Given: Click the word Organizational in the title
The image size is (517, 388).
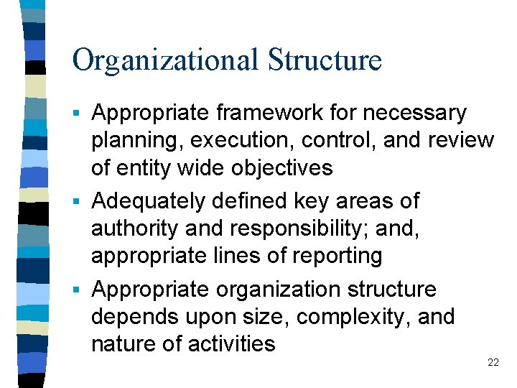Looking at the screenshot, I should tap(165, 60).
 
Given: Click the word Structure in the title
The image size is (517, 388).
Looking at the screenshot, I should tap(325, 60).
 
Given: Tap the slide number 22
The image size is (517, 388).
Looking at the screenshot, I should tap(493, 363).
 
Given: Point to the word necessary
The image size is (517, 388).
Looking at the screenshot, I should tap(414, 114).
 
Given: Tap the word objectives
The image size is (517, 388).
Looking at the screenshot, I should tap(281, 168).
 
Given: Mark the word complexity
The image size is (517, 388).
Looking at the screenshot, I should tap(335, 317).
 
